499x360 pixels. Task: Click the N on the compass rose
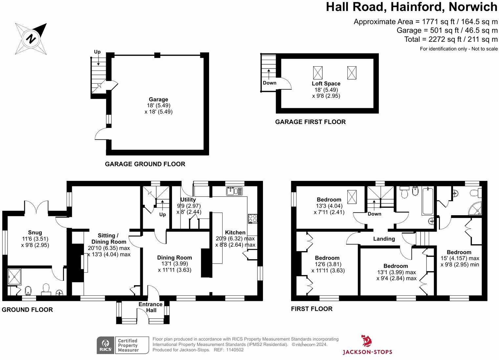[31, 39]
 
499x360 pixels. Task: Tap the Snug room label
[35, 233]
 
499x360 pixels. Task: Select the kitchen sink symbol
[234, 191]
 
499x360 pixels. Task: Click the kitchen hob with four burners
[253, 219]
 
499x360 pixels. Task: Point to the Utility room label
[188, 200]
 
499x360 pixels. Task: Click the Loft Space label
[326, 83]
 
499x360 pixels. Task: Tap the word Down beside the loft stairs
[270, 83]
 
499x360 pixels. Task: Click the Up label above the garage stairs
[97, 52]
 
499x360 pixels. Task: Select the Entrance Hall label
[151, 307]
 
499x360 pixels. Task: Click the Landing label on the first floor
[384, 239]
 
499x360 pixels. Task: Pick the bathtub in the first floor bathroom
[427, 201]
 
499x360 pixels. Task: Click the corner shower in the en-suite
[475, 208]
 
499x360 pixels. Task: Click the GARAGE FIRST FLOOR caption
[310, 122]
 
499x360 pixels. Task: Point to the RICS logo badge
[105, 345]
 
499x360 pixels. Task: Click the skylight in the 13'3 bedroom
[352, 197]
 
